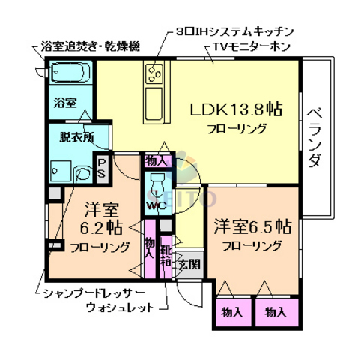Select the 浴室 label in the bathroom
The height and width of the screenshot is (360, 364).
(64, 102)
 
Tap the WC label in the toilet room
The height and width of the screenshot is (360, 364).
(156, 204)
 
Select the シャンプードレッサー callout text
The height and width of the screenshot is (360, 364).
(87, 292)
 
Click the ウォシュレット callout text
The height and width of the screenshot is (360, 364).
(120, 307)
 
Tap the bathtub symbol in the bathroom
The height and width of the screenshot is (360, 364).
(70, 73)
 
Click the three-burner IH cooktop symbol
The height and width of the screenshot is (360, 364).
(155, 73)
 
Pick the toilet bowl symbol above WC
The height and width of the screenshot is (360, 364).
(156, 184)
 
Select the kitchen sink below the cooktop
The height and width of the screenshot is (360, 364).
(156, 98)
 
